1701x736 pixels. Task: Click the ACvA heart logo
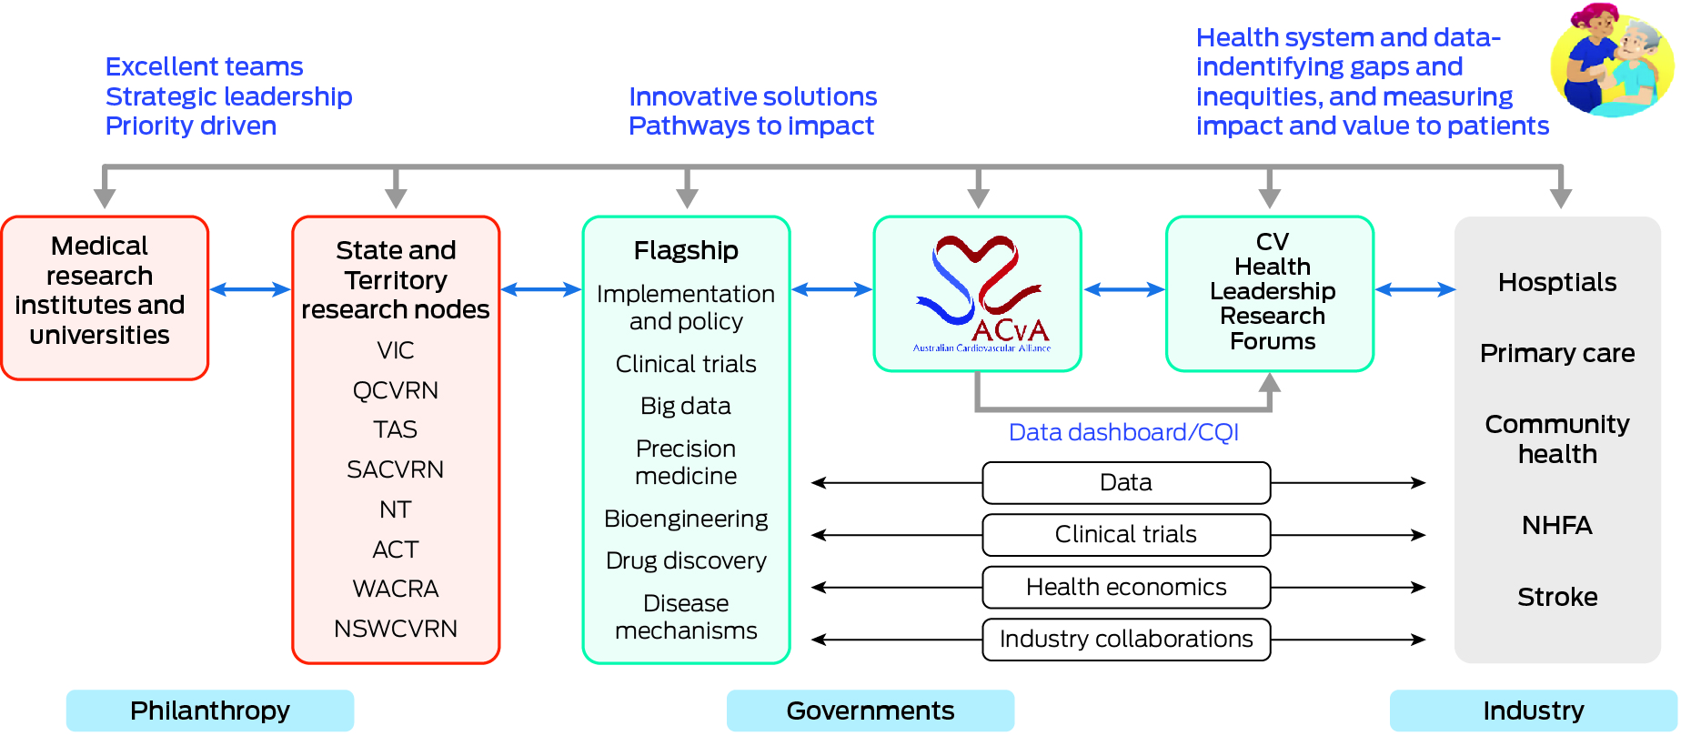click(x=979, y=291)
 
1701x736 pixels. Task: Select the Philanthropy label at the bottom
click(x=210, y=711)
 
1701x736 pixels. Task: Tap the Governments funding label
click(x=870, y=711)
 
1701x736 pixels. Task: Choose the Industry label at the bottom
click(x=1533, y=711)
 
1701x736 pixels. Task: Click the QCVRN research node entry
click(x=396, y=390)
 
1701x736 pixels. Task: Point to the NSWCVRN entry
click(x=396, y=629)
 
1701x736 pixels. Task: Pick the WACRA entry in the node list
click(x=396, y=589)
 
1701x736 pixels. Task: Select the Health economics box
click(x=1126, y=588)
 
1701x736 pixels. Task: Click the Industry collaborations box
click(x=1126, y=640)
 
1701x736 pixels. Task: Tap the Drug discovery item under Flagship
click(x=686, y=560)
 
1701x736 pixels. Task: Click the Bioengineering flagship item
click(x=686, y=519)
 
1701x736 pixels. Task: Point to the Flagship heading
click(x=686, y=250)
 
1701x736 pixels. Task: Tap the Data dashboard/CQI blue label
click(x=1123, y=432)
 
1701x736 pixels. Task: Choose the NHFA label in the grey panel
click(x=1556, y=525)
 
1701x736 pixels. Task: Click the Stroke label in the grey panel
click(x=1557, y=597)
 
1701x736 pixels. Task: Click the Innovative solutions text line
click(x=752, y=96)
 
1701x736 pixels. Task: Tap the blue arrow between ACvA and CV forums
click(x=1124, y=289)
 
